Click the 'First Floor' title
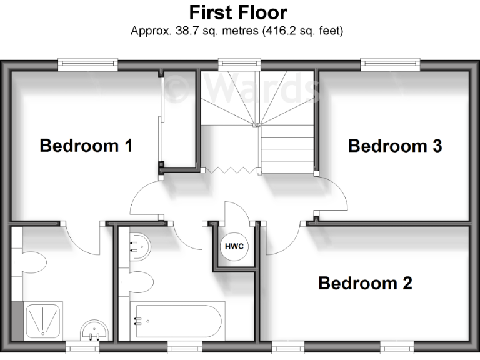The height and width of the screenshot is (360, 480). pos(239,12)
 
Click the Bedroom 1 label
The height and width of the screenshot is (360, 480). pos(86,146)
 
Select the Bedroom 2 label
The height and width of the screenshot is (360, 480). pos(365,283)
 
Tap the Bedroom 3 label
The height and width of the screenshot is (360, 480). pos(394,146)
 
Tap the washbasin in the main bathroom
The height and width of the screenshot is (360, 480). pos(139,246)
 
